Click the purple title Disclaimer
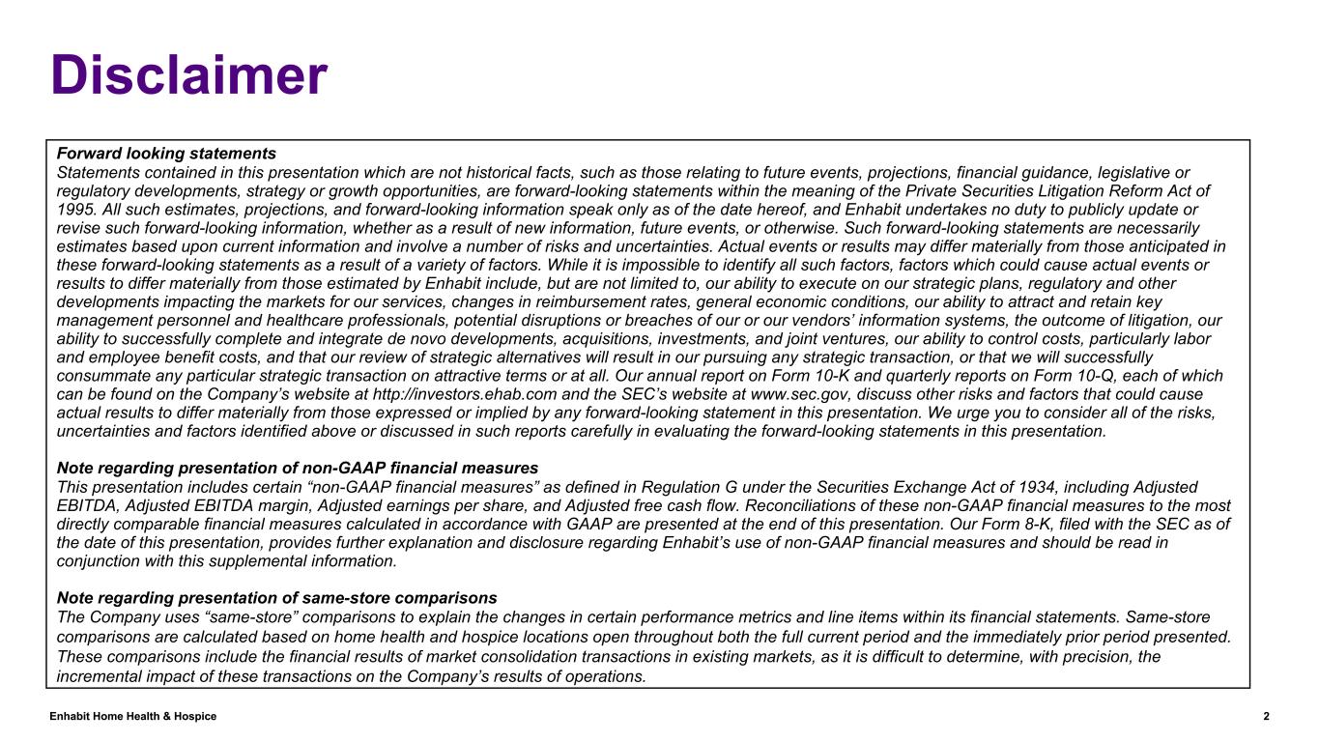click(189, 75)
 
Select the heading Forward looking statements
click(167, 154)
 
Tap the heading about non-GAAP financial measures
click(298, 468)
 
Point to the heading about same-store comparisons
click(277, 597)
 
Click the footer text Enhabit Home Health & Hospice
click(133, 716)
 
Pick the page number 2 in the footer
click(1266, 716)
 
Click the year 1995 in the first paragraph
click(76, 210)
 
